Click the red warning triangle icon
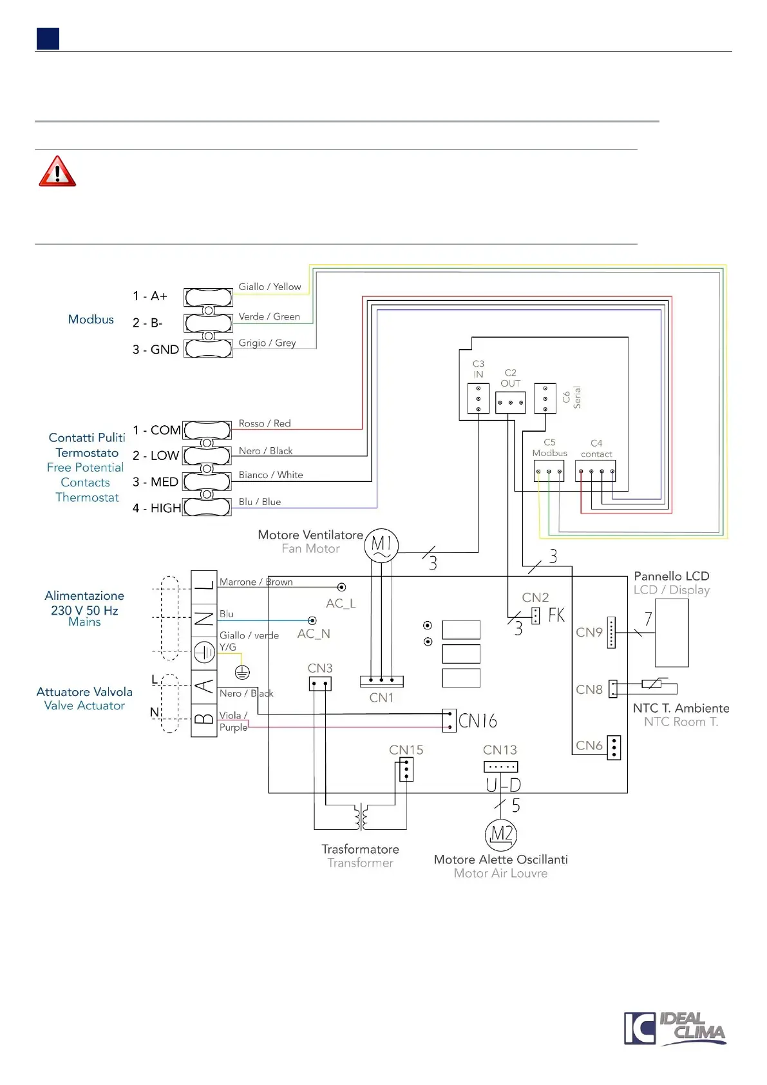coord(57,171)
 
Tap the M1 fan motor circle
coord(381,546)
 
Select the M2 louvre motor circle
coord(501,834)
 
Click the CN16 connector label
coord(478,720)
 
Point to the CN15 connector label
coord(406,750)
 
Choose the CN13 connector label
coord(500,750)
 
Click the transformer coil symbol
coord(361,818)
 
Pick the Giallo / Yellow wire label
coord(270,287)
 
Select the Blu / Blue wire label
coord(260,502)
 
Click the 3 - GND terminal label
coord(155,349)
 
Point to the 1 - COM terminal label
coord(156,430)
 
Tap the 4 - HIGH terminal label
coord(156,508)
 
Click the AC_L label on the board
coord(341,604)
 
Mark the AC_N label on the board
coord(314,634)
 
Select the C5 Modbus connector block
coord(549,472)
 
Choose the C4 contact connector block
coord(596,472)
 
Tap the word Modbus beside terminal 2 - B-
coord(91,320)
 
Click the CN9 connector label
coord(589,632)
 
